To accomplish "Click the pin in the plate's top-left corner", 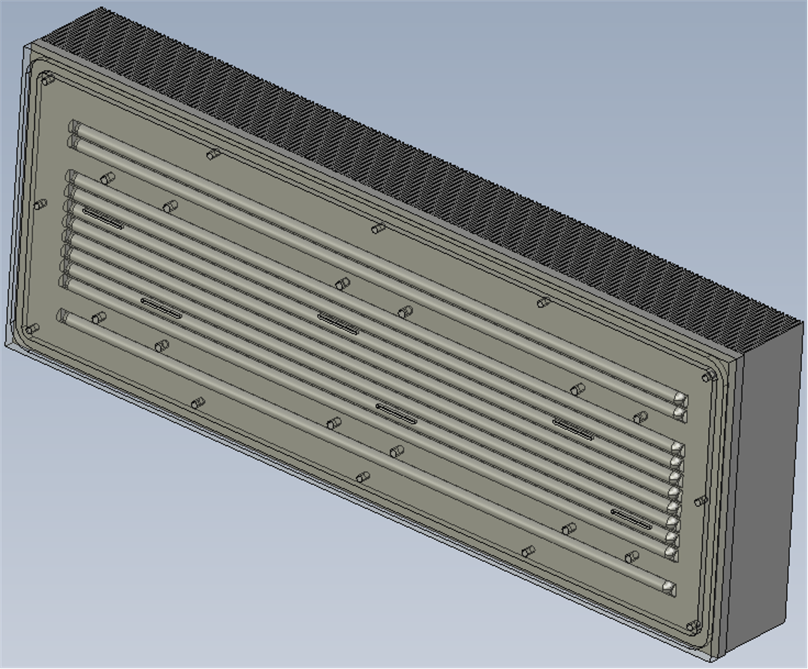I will point(49,78).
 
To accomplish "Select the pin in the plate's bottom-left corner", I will point(32,329).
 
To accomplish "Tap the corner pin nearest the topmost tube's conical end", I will point(707,376).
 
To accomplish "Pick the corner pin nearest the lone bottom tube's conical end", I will point(692,625).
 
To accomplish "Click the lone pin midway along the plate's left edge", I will point(41,203).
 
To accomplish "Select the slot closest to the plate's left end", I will point(103,218).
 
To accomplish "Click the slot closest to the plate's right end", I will point(631,518).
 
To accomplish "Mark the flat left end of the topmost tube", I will point(74,127).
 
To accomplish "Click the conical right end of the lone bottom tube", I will point(668,588).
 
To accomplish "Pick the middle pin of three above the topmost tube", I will point(378,228).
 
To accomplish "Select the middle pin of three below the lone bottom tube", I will point(363,477).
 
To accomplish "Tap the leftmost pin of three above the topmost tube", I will point(213,154).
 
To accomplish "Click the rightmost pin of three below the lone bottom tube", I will point(529,551).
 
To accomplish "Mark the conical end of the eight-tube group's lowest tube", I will point(671,553).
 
